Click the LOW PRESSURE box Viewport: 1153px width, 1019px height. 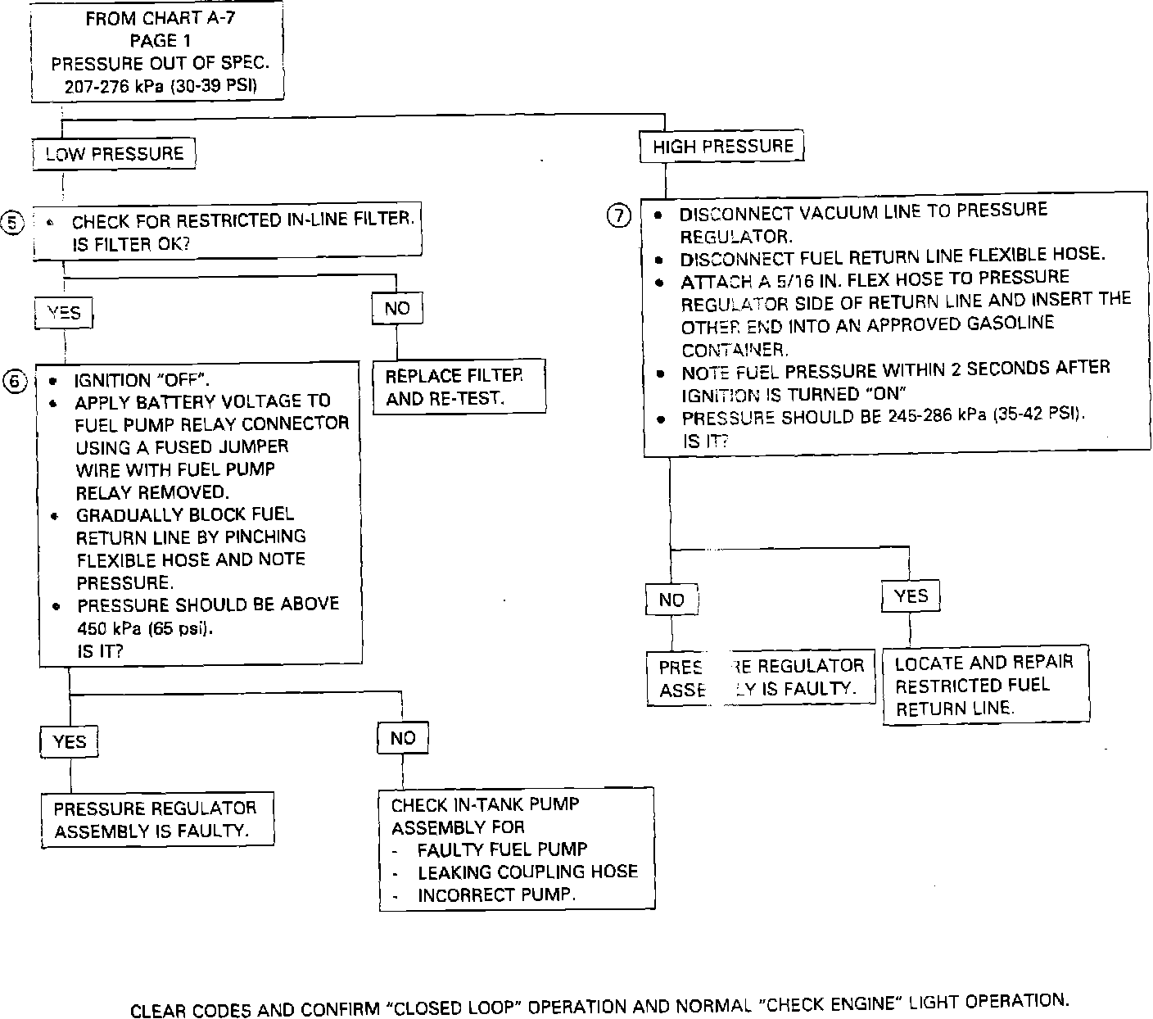114,154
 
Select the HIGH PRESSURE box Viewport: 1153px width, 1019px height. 722,147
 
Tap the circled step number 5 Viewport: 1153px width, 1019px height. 14,222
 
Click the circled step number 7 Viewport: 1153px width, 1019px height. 619,215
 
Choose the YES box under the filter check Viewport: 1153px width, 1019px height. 64,313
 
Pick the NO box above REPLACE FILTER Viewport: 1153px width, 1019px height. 397,308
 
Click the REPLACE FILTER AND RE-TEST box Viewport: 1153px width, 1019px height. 459,387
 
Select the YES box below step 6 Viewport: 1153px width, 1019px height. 70,741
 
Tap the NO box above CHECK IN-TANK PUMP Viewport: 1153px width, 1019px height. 402,738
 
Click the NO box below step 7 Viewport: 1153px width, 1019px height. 671,600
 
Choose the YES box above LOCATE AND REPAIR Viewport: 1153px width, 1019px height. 911,596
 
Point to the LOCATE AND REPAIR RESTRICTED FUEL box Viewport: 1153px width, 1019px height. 985,686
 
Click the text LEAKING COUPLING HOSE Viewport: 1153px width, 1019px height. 527,872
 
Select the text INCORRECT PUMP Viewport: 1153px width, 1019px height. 496,894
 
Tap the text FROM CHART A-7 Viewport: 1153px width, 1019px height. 160,18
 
